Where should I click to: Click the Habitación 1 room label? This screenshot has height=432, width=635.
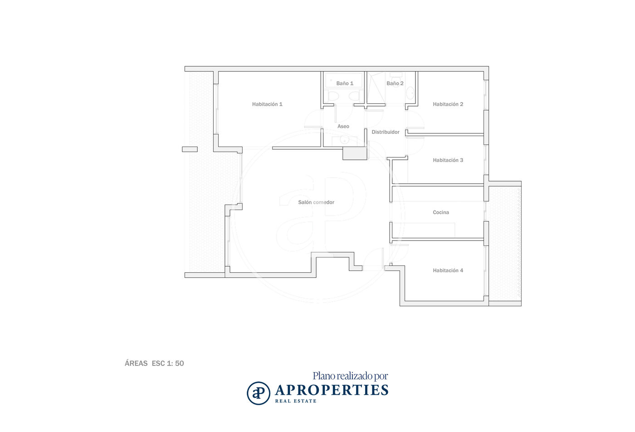pos(267,104)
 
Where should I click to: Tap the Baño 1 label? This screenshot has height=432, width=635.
pos(345,83)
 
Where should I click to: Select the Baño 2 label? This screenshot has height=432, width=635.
pos(395,83)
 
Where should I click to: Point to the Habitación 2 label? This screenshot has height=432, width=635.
pos(448,104)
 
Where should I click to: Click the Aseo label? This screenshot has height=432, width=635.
pos(343,126)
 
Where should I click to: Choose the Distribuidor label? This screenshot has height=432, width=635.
pos(385,132)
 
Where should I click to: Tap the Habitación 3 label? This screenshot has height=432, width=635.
pos(448,160)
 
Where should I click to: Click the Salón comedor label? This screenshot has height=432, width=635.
pos(316,202)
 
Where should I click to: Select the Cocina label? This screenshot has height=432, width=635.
pos(441,212)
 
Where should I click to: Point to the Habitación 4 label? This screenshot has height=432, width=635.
pos(448,270)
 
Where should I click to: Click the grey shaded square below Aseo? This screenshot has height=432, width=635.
pos(355,153)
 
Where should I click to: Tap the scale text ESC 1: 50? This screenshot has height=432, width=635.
pos(168,363)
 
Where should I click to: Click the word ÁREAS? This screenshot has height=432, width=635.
pos(136,363)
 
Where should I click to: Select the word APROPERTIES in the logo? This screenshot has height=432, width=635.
pos(332,390)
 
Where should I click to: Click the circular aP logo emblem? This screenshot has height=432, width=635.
pos(258,393)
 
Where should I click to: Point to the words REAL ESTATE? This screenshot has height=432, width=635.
pos(296,401)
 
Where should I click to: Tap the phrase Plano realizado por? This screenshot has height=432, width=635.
pos(350,376)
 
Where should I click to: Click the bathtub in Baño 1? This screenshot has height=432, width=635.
pos(344,80)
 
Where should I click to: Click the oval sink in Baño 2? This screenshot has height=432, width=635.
pos(410,93)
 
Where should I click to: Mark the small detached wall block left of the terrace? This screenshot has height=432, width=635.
pos(190,149)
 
